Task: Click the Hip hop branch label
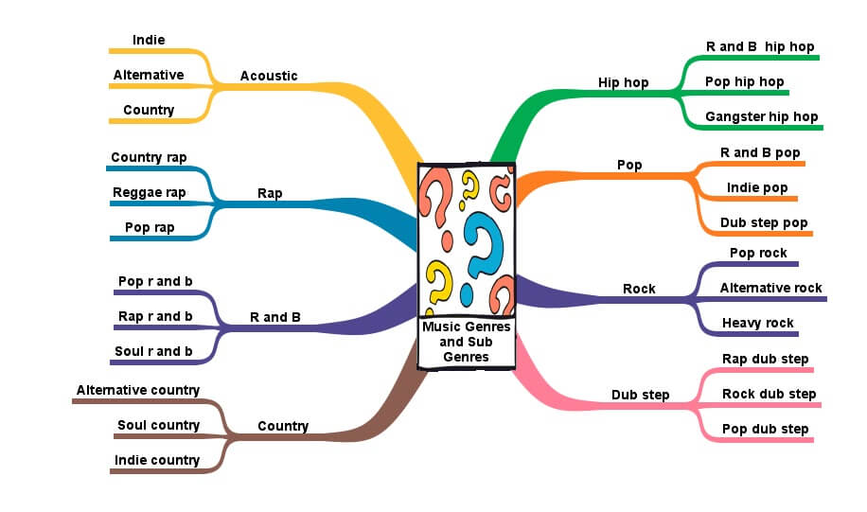coord(623,82)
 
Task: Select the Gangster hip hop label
coord(761,117)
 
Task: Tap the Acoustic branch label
coord(269,76)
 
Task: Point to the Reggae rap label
coord(149,192)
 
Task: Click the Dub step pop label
coord(764,223)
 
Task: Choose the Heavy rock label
coord(757,323)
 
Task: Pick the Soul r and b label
coord(153,351)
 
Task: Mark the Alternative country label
coord(138,390)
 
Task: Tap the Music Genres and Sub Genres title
coord(467,342)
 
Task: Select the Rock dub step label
coord(769,394)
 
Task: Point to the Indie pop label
coord(757,187)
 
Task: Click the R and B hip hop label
coord(759,46)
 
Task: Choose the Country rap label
coord(149,157)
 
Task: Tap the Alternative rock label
coord(770,288)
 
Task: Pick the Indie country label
coord(157,460)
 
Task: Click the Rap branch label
coord(270,193)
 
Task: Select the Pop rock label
coord(758,253)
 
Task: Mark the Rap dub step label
coord(765,359)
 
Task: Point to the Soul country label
coord(158,425)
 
